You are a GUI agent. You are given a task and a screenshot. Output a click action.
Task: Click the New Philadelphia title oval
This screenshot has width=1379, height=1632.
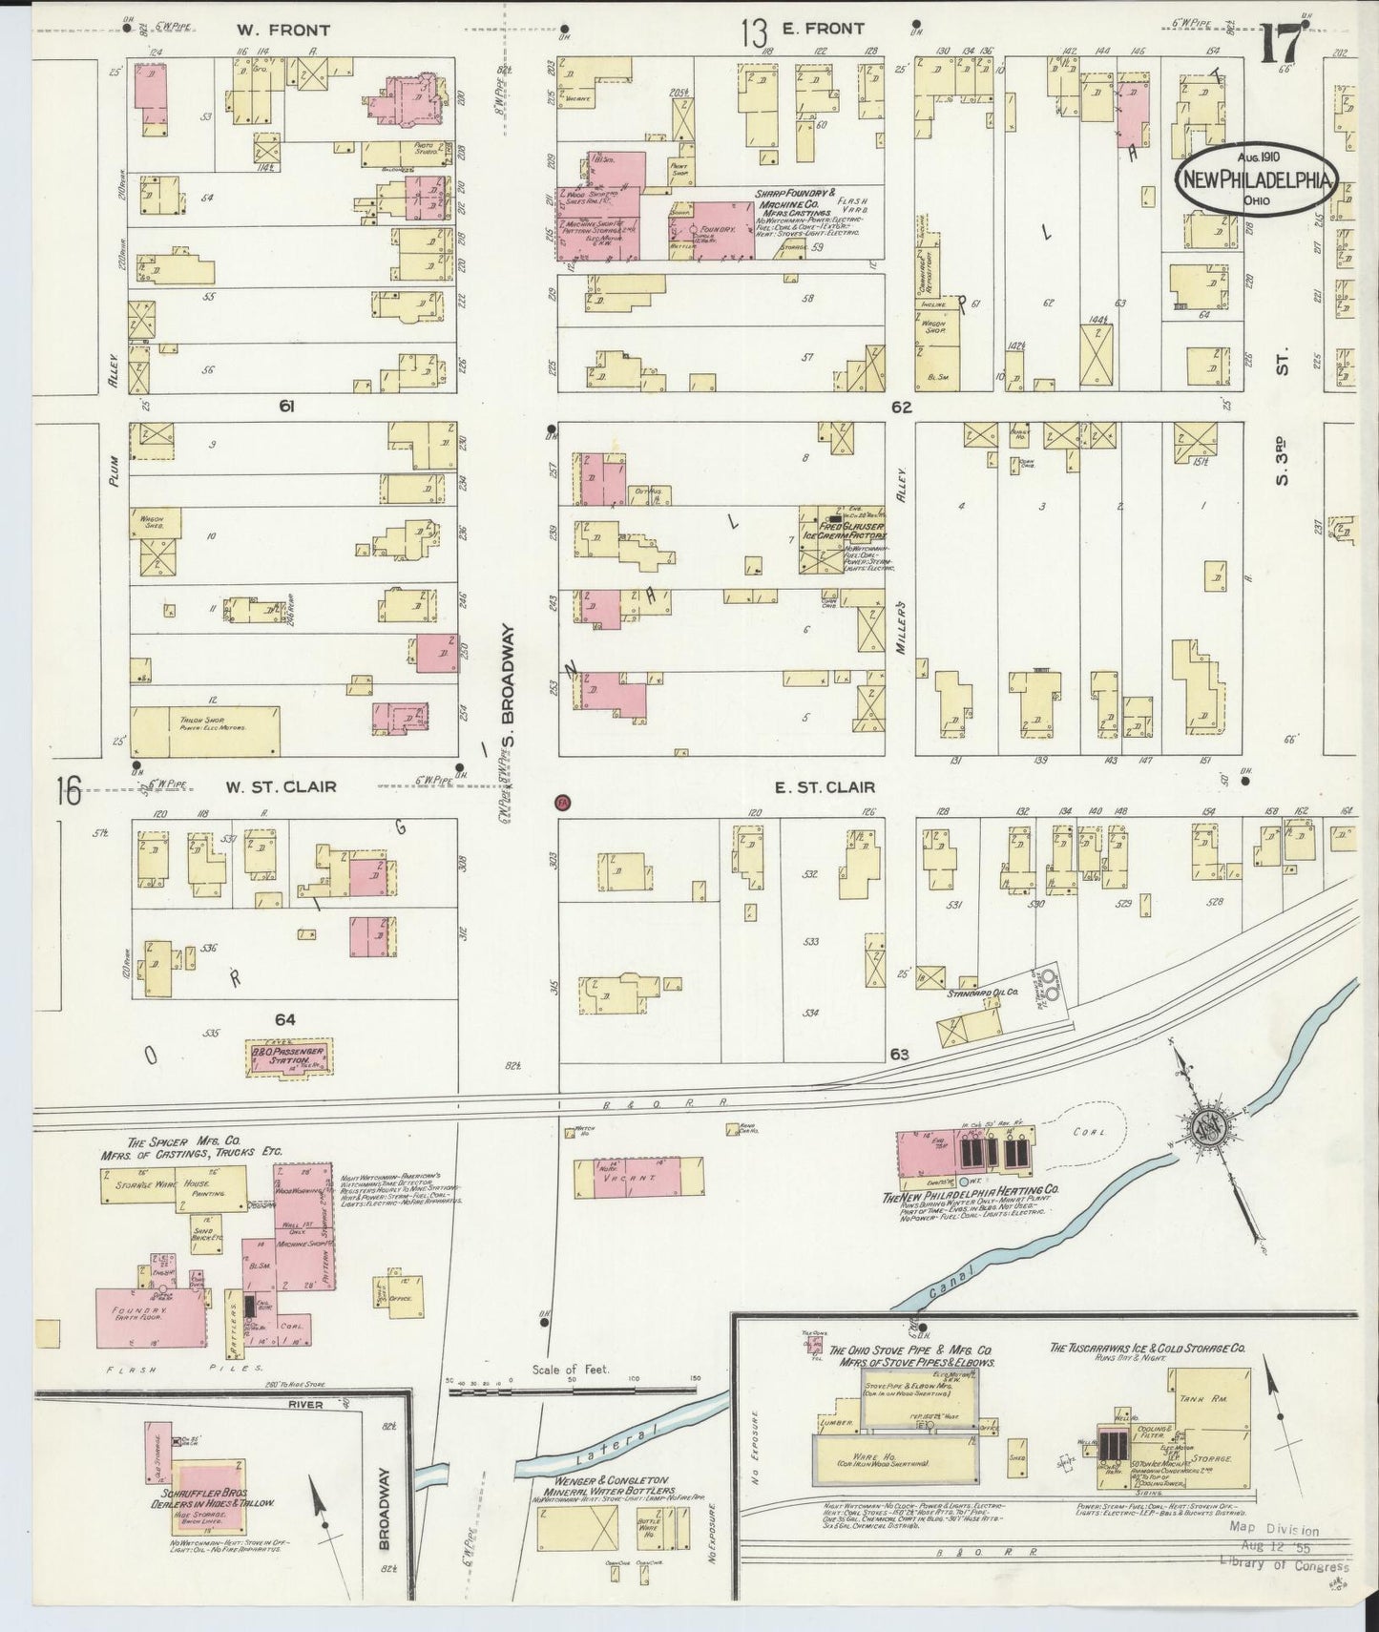tap(1255, 179)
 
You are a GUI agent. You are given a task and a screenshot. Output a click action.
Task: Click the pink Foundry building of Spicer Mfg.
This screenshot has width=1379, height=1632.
tap(151, 1318)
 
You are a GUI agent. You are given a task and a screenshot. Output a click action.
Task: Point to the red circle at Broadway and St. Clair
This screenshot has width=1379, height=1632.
tap(562, 803)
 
